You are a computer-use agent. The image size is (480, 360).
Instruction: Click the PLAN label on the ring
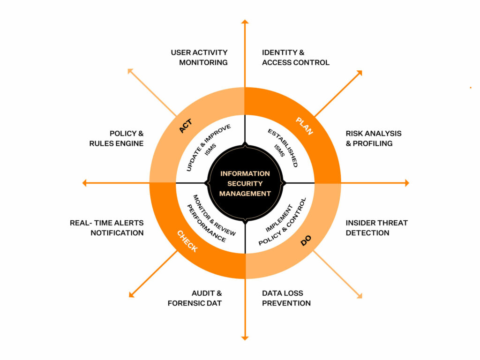tap(304, 126)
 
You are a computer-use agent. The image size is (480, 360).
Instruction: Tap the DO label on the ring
tap(306, 240)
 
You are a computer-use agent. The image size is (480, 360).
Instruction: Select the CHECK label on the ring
tap(187, 241)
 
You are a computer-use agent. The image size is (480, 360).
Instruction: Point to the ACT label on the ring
tap(186, 126)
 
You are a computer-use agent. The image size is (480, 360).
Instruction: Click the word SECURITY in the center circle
tap(245, 184)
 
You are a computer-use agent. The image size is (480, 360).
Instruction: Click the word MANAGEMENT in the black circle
tap(245, 194)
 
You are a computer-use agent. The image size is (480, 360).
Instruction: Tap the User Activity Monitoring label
tap(199, 58)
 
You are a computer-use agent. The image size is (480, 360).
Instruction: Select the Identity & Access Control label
tap(296, 58)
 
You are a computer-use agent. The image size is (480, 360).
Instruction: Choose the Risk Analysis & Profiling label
tap(374, 138)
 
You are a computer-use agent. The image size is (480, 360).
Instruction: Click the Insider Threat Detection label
tap(377, 228)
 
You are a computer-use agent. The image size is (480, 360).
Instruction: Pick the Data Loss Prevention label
tap(286, 298)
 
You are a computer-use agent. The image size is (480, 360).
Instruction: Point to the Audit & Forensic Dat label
tap(195, 298)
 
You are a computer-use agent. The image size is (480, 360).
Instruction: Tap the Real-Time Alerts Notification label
tap(106, 228)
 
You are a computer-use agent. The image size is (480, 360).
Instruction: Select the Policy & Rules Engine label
tap(116, 138)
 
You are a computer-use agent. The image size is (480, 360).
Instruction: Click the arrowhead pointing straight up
tap(245, 22)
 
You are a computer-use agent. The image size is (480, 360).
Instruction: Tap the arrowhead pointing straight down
tap(245, 338)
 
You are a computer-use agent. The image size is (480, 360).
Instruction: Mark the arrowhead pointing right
tap(407, 183)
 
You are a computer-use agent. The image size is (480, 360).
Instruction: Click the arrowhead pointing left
tap(84, 183)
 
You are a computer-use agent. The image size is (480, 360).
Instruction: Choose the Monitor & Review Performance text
tap(212, 218)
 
